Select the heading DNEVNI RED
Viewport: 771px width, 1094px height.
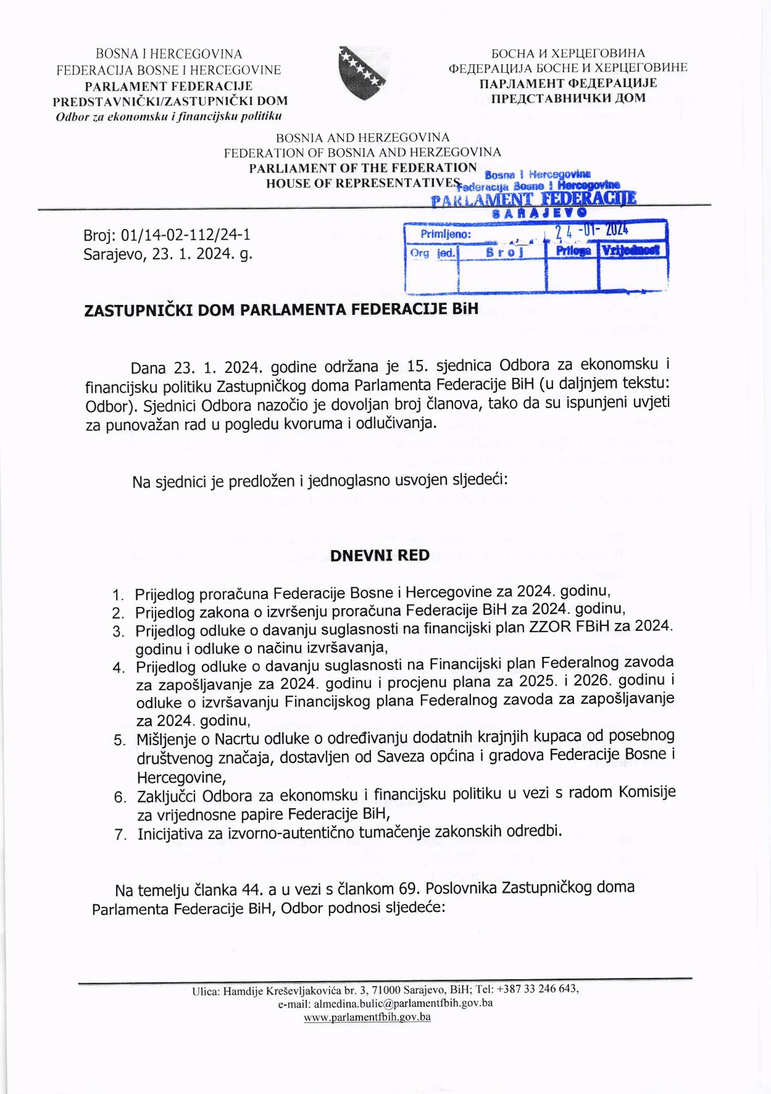tap(380, 556)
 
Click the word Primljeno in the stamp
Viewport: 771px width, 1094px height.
tap(446, 235)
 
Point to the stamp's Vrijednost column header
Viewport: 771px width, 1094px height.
tap(631, 251)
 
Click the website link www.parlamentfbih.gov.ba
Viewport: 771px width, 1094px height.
tap(367, 1017)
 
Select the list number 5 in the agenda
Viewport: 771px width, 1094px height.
tap(119, 741)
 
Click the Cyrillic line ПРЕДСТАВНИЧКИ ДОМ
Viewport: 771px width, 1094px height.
tap(568, 98)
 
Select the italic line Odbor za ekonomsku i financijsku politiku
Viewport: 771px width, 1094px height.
tap(169, 116)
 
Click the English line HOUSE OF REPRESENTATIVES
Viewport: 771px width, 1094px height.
tap(363, 182)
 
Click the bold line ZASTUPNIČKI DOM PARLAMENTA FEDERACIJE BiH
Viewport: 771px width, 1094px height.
tap(281, 309)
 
